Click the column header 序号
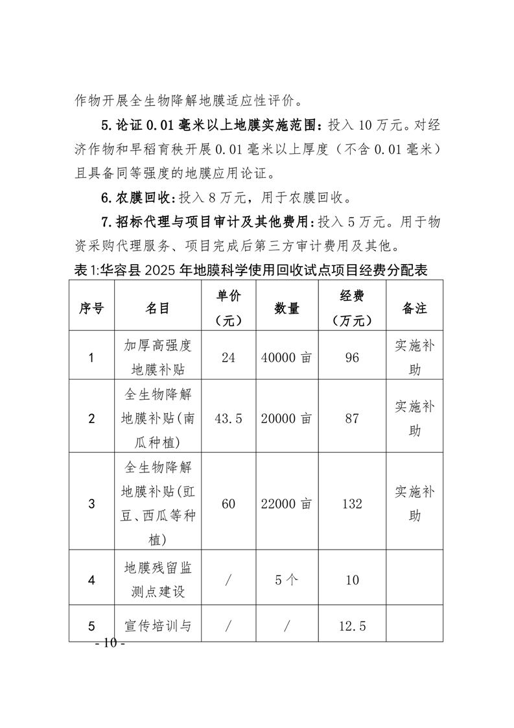point(91,308)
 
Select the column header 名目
point(157,308)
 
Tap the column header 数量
point(286,308)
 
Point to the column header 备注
point(414,308)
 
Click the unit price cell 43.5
point(228,419)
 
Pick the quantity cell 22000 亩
point(286,504)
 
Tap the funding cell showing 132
point(352,504)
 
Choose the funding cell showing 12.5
point(352,626)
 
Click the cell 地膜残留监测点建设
point(157,579)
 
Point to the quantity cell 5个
point(286,579)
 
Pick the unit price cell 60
point(228,504)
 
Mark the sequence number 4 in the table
point(91,579)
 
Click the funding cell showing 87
point(352,419)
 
